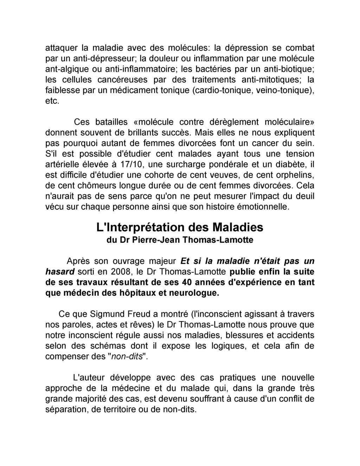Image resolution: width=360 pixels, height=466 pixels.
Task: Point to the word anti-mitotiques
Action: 272,79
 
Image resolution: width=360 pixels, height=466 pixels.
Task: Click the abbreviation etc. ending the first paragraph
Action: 52,101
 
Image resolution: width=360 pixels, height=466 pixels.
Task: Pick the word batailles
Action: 111,122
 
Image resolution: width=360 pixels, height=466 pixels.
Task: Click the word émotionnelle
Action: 255,207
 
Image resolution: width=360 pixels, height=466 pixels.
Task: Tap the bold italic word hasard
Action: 60,272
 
